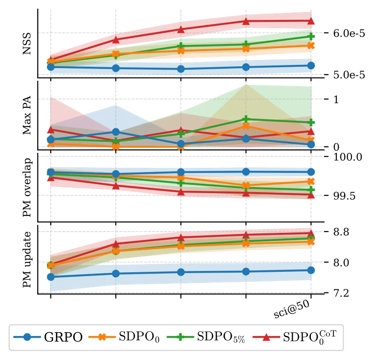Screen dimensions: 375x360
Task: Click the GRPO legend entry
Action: click(48, 337)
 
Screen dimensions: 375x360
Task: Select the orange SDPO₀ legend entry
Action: click(124, 337)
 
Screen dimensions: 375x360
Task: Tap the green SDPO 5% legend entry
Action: click(206, 337)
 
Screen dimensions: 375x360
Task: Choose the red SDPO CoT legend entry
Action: click(295, 337)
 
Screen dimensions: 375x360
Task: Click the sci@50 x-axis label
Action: click(292, 309)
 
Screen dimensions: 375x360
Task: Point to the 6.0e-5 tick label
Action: click(349, 33)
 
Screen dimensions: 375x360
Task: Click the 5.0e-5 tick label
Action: click(349, 75)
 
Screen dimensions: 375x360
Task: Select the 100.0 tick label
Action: click(348, 157)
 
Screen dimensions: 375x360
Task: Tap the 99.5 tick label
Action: click(344, 196)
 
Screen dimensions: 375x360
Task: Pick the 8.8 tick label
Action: click(341, 232)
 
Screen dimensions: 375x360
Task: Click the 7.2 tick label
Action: click(341, 293)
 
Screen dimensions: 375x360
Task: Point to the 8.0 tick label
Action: click(341, 262)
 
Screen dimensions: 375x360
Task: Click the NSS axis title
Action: click(27, 44)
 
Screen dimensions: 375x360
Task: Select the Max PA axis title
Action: click(27, 115)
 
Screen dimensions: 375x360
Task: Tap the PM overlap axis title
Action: click(27, 187)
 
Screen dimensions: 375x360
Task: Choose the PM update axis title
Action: click(27, 259)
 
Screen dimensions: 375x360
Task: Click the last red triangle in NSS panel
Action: click(311, 21)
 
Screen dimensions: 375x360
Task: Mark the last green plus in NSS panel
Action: click(311, 36)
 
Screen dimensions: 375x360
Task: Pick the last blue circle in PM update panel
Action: click(311, 270)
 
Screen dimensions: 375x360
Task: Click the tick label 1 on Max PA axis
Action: click(336, 99)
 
